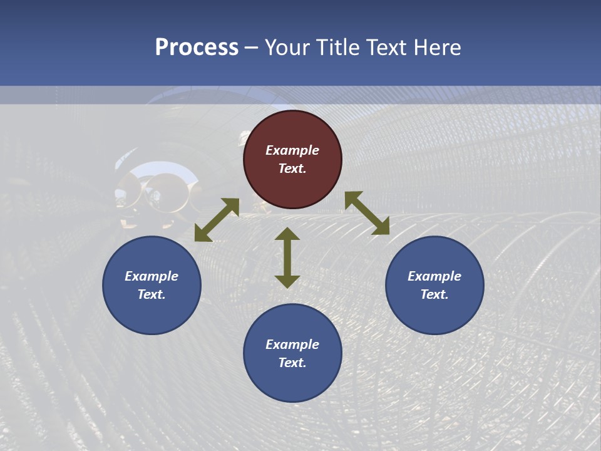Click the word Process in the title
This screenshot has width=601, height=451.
coord(197,48)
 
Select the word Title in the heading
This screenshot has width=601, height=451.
coord(336,48)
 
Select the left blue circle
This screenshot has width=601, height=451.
coord(152,285)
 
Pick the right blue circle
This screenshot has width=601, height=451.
coord(434,285)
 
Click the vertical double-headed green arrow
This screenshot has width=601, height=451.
coord(287,257)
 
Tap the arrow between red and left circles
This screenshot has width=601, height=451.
coord(217,220)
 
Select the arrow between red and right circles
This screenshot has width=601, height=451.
coord(367,213)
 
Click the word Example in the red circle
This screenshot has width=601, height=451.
coord(292,150)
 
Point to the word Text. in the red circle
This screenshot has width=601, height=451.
coord(292,168)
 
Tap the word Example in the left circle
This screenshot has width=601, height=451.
coord(152,276)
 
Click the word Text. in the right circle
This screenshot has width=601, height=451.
coord(434,294)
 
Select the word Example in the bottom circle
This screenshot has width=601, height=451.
coord(292,345)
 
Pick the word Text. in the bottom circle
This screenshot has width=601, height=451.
coord(292,363)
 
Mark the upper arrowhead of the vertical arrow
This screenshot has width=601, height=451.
coord(287,235)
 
